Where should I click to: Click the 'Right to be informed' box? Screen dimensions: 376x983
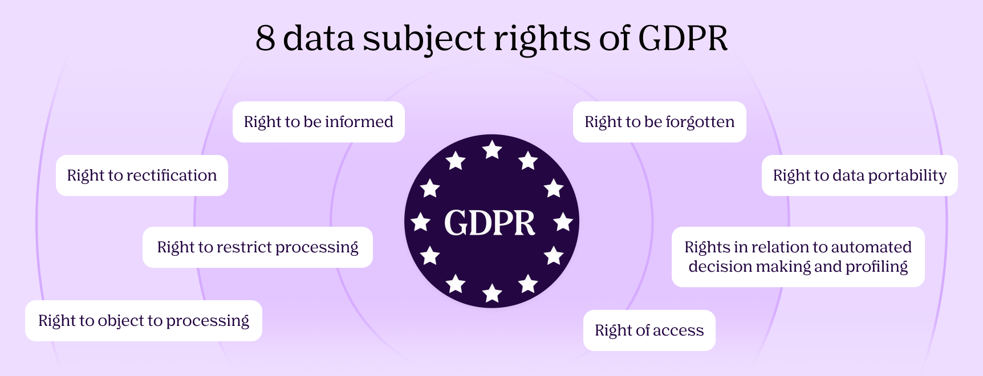click(x=318, y=122)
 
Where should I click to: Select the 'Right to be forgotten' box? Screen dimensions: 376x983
click(x=659, y=122)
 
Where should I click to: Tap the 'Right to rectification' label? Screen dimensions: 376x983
click(x=141, y=175)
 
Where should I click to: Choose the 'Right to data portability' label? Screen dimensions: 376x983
click(x=859, y=175)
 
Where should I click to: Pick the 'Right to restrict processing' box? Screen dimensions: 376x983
click(x=257, y=247)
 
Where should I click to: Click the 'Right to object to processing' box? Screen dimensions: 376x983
click(x=143, y=321)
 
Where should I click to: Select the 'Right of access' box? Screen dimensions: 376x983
click(x=649, y=330)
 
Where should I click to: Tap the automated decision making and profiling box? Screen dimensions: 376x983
click(x=798, y=257)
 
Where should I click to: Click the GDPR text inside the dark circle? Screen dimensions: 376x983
click(x=490, y=223)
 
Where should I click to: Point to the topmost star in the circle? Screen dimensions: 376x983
click(x=492, y=150)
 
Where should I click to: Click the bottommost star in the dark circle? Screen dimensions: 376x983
click(x=492, y=293)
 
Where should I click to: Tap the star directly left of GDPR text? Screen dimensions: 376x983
click(x=421, y=222)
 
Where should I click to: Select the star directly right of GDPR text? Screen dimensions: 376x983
click(x=563, y=222)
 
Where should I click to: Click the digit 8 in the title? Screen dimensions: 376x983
click(x=265, y=39)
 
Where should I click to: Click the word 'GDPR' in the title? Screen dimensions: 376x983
click(x=683, y=39)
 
